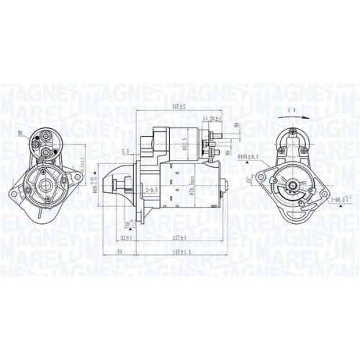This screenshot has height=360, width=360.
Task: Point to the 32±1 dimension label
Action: click(127, 238)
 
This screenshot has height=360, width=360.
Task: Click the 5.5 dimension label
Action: click(127, 151)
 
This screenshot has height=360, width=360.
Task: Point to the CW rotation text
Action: click(291, 109)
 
